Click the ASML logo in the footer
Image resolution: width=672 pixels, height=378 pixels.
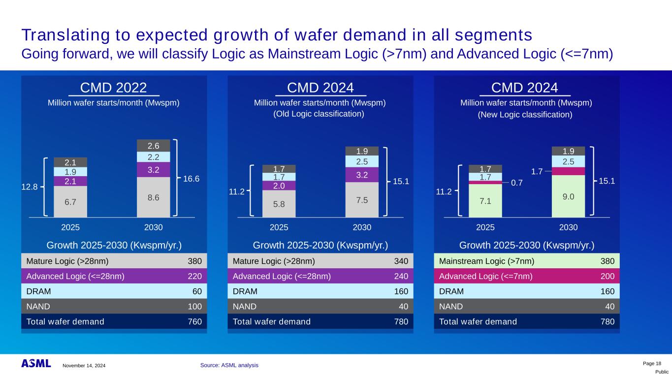(x=36, y=363)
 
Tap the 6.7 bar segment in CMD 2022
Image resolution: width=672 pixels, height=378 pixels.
(x=70, y=201)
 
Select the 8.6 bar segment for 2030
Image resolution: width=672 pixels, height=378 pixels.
(x=154, y=197)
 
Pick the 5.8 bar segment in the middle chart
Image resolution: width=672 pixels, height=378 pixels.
(x=279, y=203)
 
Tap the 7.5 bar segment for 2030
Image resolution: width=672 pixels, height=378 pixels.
(x=362, y=199)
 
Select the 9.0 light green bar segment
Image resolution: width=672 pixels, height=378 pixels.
(x=568, y=196)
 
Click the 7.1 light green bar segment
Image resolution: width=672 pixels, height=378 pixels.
(x=485, y=200)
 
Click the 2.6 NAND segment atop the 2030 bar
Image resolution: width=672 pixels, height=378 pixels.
(x=154, y=146)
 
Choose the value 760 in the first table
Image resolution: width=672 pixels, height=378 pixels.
(x=194, y=321)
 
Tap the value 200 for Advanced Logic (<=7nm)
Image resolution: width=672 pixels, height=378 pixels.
(x=608, y=276)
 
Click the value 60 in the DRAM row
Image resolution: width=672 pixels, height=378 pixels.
(x=196, y=291)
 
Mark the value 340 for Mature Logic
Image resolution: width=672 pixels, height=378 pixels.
(x=401, y=261)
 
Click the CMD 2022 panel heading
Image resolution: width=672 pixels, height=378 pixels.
(x=113, y=88)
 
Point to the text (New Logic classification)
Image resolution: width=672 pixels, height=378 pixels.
(x=526, y=114)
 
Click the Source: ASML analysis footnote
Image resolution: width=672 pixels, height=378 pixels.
(x=229, y=365)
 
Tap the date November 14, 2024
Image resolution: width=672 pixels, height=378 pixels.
(x=84, y=366)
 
